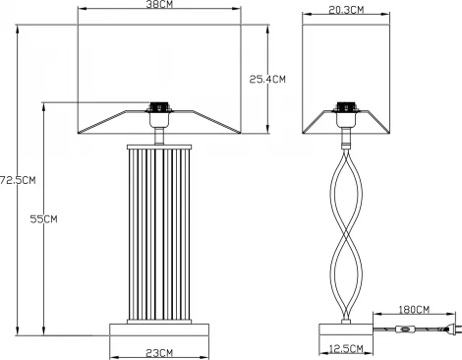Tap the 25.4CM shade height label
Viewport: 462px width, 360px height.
point(265,78)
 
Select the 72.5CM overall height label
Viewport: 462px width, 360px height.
point(17,179)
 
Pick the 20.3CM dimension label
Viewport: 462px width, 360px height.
point(344,10)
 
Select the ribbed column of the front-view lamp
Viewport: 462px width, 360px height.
point(159,231)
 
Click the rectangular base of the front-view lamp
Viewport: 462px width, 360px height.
point(159,326)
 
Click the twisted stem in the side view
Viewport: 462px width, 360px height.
point(345,226)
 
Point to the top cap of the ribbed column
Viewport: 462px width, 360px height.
point(159,145)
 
